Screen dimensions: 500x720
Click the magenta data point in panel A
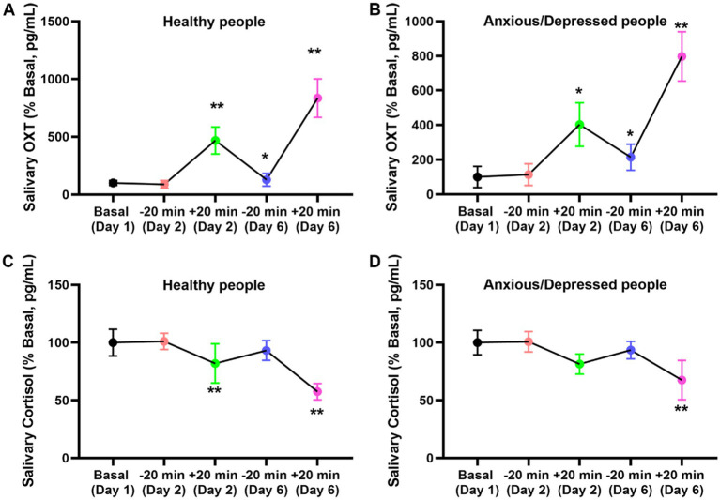point(317,98)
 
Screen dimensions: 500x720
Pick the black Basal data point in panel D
point(477,342)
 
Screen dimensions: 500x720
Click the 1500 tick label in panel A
point(65,22)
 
